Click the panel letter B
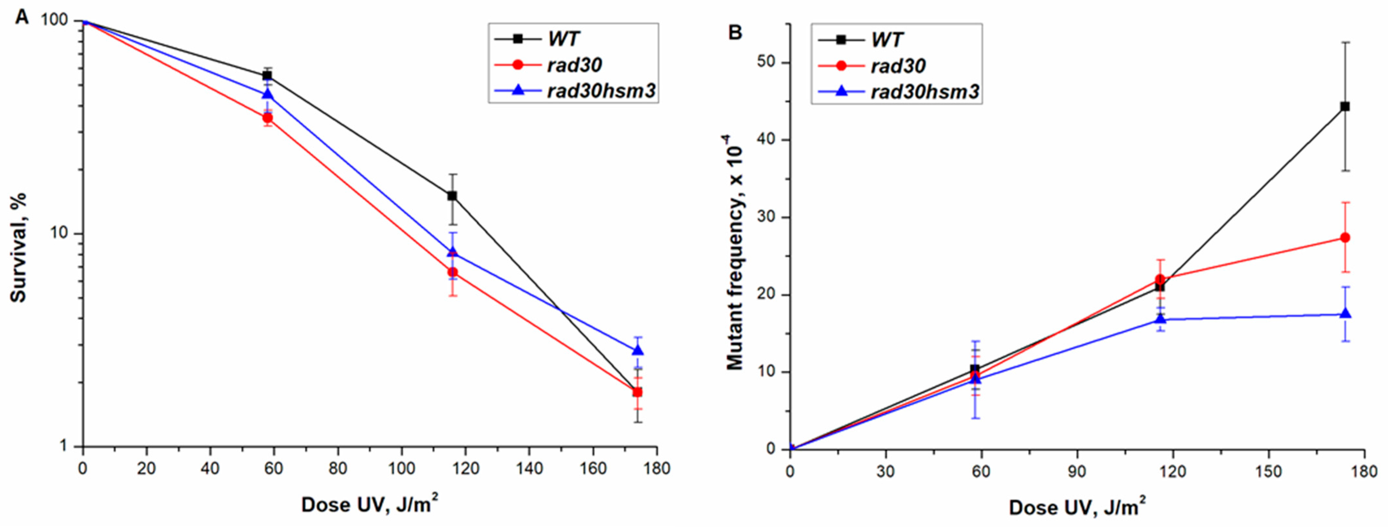tap(735, 32)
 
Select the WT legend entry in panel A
tap(563, 39)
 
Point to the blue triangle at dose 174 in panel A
tap(638, 351)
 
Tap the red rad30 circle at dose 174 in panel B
tap(1356, 238)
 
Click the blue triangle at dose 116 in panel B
tap(1161, 319)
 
